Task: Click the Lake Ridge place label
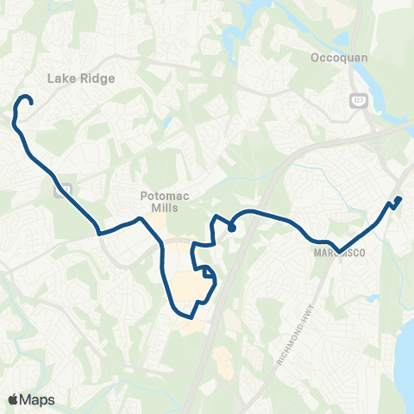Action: pos(81,78)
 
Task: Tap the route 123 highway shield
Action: pos(355,101)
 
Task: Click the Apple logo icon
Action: pos(13,399)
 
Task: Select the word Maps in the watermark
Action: pos(38,399)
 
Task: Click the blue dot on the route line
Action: pos(232,228)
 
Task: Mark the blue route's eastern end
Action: pos(399,200)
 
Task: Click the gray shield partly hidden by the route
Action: pos(61,189)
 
